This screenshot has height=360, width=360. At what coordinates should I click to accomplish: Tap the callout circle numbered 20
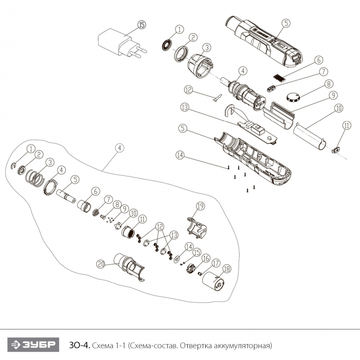point(101,264)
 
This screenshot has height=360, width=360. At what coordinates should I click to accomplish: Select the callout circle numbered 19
point(200,206)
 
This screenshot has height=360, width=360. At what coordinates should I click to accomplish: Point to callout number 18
point(227,268)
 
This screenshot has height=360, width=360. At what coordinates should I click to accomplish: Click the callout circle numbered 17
point(215,263)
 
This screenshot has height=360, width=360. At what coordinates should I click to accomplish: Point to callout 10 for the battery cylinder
point(337,109)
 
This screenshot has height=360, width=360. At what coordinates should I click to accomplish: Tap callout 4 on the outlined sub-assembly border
point(119,148)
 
